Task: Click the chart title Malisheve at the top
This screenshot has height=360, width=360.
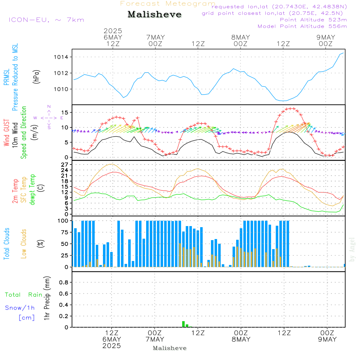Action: pos(155,15)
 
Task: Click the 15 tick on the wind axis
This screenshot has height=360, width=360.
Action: pos(66,113)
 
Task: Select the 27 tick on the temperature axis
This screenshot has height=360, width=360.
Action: pos(65,165)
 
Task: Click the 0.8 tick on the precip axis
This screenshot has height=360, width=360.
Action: pos(64,283)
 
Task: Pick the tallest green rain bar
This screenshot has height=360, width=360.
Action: pos(184,324)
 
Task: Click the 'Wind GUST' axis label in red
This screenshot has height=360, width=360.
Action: pos(6,133)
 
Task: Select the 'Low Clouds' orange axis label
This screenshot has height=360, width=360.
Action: pos(24,244)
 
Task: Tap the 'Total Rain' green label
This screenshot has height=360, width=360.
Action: pos(24,295)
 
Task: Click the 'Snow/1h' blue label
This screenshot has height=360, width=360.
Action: pos(20,308)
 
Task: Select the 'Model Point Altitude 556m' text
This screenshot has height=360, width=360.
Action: pos(302,26)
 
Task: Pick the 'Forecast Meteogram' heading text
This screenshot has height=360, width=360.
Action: pos(168,4)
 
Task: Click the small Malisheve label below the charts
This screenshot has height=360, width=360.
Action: pos(170,348)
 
